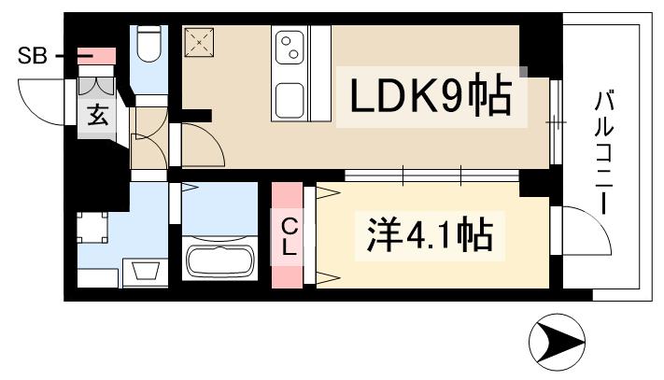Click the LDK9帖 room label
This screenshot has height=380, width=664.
click(x=430, y=96)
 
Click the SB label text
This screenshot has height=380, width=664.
click(x=33, y=57)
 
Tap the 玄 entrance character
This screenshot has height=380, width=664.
click(x=97, y=117)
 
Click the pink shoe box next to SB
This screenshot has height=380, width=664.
click(x=96, y=58)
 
